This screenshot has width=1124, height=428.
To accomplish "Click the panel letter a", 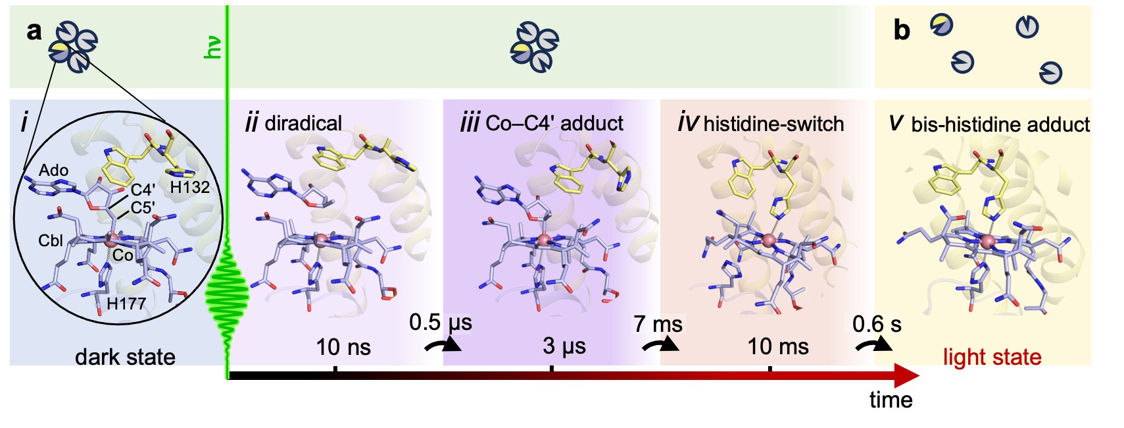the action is click(x=34, y=31).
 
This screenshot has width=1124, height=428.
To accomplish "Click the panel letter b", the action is click(x=902, y=30).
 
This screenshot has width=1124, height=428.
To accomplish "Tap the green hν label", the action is click(x=212, y=47).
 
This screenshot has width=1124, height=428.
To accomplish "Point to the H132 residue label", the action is click(x=189, y=188).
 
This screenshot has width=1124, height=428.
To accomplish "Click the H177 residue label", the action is click(x=126, y=304).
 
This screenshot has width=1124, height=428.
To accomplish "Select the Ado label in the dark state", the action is click(x=54, y=171).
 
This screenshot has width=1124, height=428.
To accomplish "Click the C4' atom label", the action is click(x=143, y=190).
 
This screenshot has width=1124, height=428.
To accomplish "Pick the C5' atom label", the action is click(x=143, y=207).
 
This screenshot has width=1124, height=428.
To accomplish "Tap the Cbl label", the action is click(x=51, y=240).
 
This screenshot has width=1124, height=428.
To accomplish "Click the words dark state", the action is click(x=126, y=357).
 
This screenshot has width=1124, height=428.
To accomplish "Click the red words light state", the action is click(x=992, y=357).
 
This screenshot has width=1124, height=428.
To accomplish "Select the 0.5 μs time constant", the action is click(x=441, y=323).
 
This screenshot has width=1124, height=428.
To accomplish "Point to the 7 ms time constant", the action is click(x=658, y=324).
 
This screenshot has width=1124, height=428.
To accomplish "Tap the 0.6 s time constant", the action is click(x=877, y=324).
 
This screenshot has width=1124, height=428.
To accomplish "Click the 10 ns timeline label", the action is click(x=344, y=347).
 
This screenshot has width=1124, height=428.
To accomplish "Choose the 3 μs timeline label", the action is click(x=564, y=346).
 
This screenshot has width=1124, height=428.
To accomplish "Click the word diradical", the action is click(x=303, y=124).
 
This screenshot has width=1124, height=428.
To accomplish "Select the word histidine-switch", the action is click(x=773, y=124).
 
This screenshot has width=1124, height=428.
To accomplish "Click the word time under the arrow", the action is click(x=891, y=400).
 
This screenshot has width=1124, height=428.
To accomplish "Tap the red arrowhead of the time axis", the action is click(x=906, y=376).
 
